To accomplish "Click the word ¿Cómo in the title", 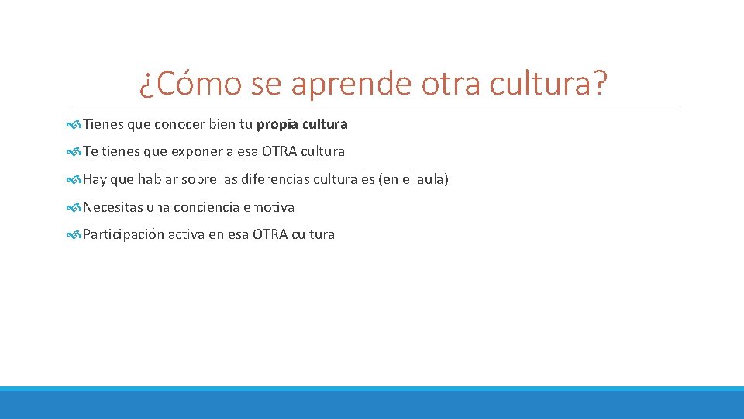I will (x=190, y=83).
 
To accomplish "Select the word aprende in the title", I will (x=351, y=83).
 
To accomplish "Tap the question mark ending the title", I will (x=598, y=83).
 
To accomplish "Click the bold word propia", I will (x=274, y=124).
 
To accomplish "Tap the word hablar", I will (x=158, y=179).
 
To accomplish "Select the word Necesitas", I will (x=113, y=207).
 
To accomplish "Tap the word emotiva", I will (x=269, y=207).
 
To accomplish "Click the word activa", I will (x=187, y=234).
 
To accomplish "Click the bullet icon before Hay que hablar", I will (x=74, y=179).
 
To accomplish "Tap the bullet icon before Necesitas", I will (x=74, y=207).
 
